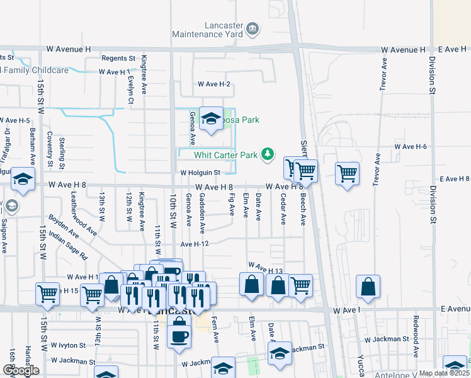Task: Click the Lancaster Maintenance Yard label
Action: [224, 30]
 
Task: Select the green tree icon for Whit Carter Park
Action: [268, 154]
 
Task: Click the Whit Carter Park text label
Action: [226, 154]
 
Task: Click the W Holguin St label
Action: [200, 172]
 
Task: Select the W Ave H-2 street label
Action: [214, 84]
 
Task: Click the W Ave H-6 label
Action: [411, 146]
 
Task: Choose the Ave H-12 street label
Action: [194, 244]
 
